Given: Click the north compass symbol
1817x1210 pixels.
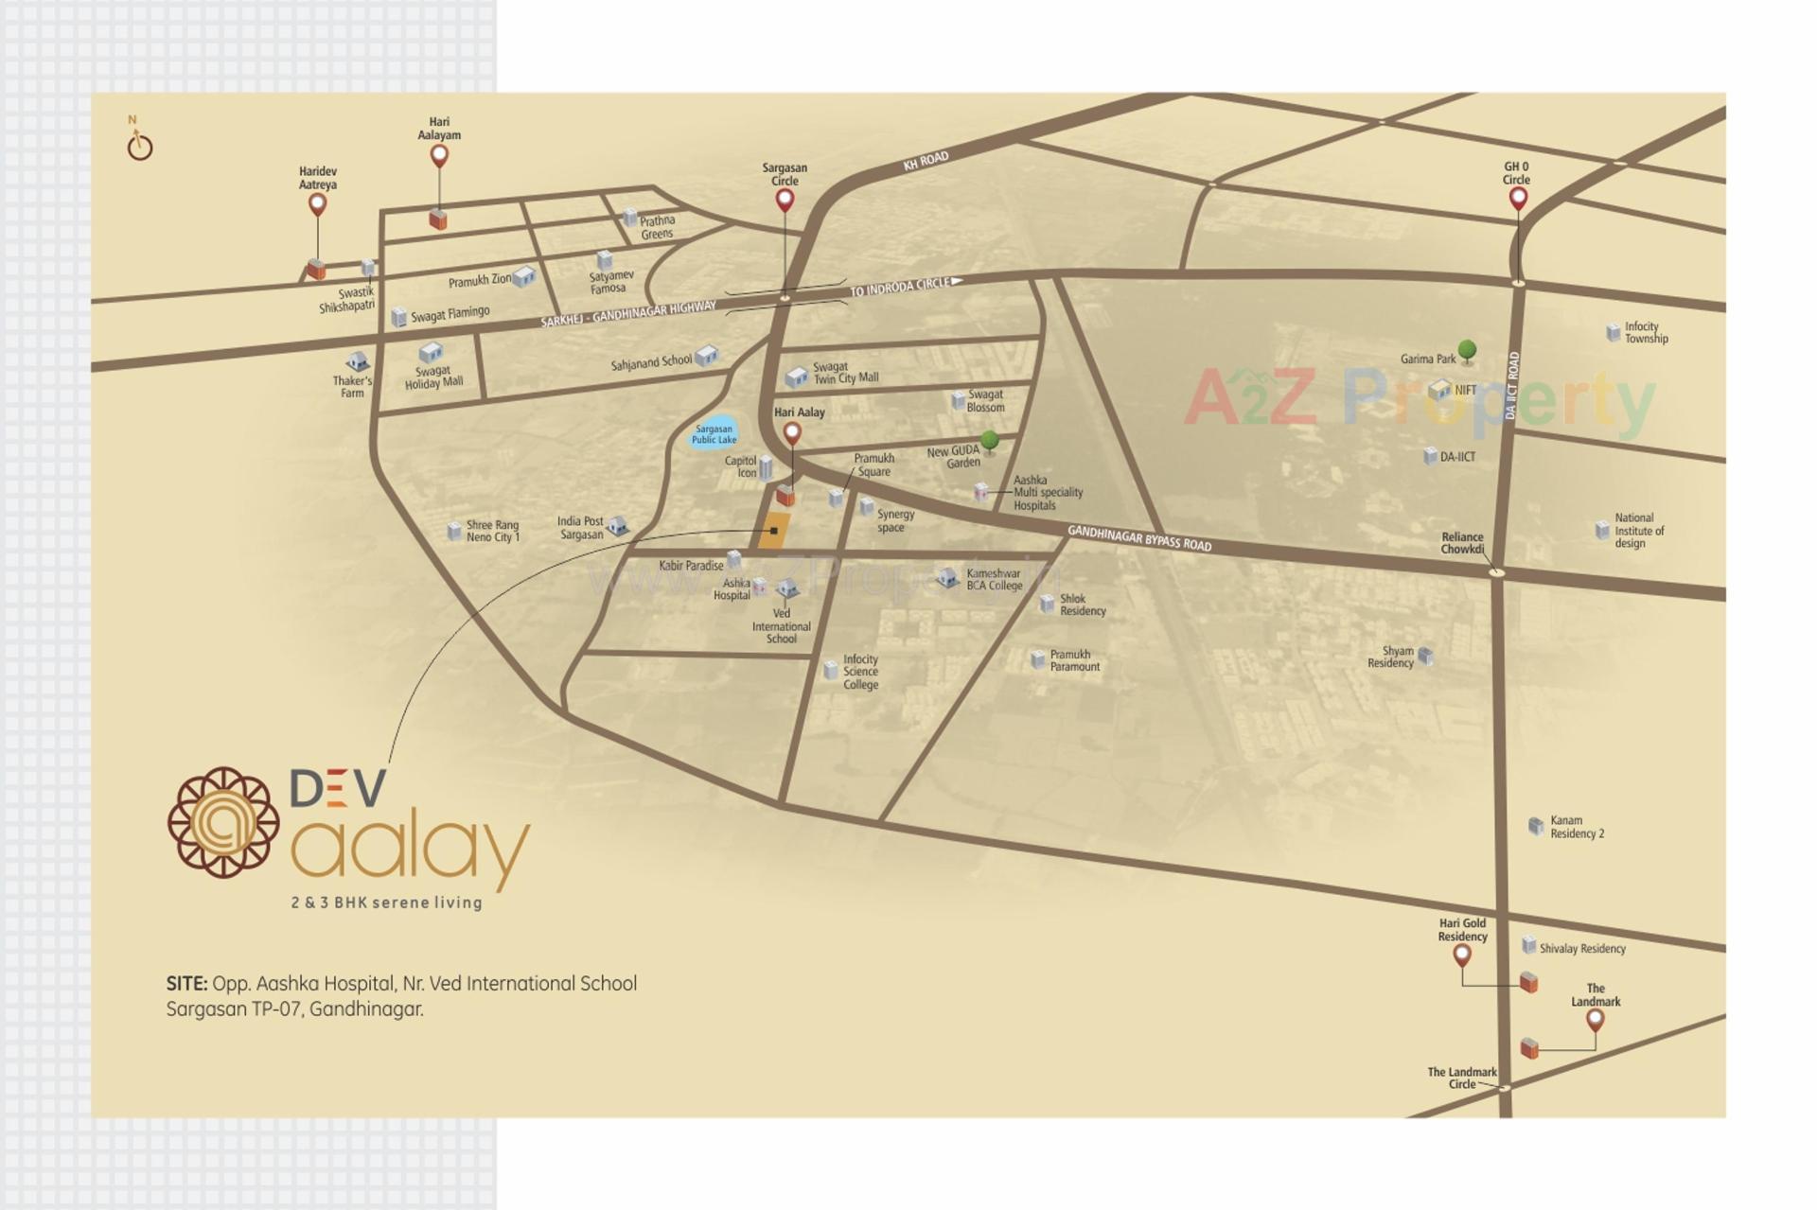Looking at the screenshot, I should [x=140, y=146].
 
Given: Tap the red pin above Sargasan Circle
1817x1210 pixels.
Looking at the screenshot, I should [x=785, y=200].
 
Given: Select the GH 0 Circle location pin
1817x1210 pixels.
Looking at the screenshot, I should [x=1518, y=198].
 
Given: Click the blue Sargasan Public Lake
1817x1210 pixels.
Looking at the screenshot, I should [x=714, y=433].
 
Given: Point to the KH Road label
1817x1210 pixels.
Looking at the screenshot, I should [x=925, y=161].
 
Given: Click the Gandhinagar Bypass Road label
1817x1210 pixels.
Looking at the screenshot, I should [x=1139, y=538].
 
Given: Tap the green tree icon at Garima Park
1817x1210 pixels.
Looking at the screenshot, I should [x=1467, y=351].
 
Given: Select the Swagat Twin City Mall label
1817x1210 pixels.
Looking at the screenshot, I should [x=846, y=373].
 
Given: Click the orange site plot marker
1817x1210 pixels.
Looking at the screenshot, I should [x=774, y=531].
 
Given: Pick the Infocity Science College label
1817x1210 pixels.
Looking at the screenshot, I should [x=860, y=672].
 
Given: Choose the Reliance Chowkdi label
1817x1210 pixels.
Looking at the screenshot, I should [x=1462, y=542].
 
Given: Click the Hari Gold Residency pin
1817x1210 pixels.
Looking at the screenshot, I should [x=1462, y=954].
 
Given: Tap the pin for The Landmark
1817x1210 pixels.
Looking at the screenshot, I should [x=1596, y=1019].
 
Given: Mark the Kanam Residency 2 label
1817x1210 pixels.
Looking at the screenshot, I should [x=1577, y=827].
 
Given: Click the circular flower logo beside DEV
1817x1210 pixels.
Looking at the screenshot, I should [x=223, y=822].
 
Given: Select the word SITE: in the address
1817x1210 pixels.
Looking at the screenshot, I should [x=186, y=984].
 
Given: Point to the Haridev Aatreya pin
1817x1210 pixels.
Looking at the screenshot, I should [x=318, y=203].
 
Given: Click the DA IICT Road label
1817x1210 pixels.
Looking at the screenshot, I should [x=1512, y=386].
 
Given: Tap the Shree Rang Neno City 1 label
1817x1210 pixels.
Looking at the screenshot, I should [x=492, y=531].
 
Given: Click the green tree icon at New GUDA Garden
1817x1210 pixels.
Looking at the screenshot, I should [x=990, y=440].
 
